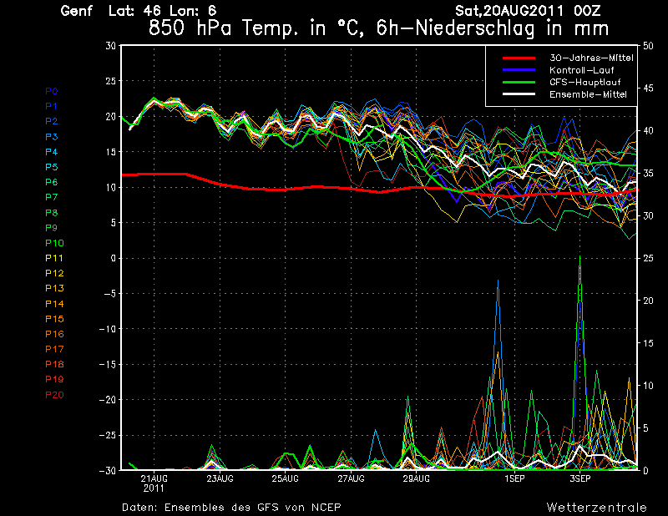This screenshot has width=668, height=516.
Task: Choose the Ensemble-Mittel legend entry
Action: point(589,94)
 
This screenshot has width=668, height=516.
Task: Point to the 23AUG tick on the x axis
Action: point(220,478)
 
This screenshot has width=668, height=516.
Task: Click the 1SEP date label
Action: point(514,478)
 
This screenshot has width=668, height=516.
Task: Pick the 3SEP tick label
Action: point(579,478)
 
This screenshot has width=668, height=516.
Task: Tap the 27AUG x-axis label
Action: point(351,478)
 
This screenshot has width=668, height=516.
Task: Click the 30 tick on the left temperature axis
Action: point(110,46)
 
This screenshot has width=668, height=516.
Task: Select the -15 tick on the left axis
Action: point(107,364)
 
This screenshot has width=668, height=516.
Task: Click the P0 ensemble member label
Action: point(52,91)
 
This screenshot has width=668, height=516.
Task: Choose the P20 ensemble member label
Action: point(54,394)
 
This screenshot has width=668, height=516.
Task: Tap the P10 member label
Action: point(54,243)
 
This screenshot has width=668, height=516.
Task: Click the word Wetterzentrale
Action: point(596,507)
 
